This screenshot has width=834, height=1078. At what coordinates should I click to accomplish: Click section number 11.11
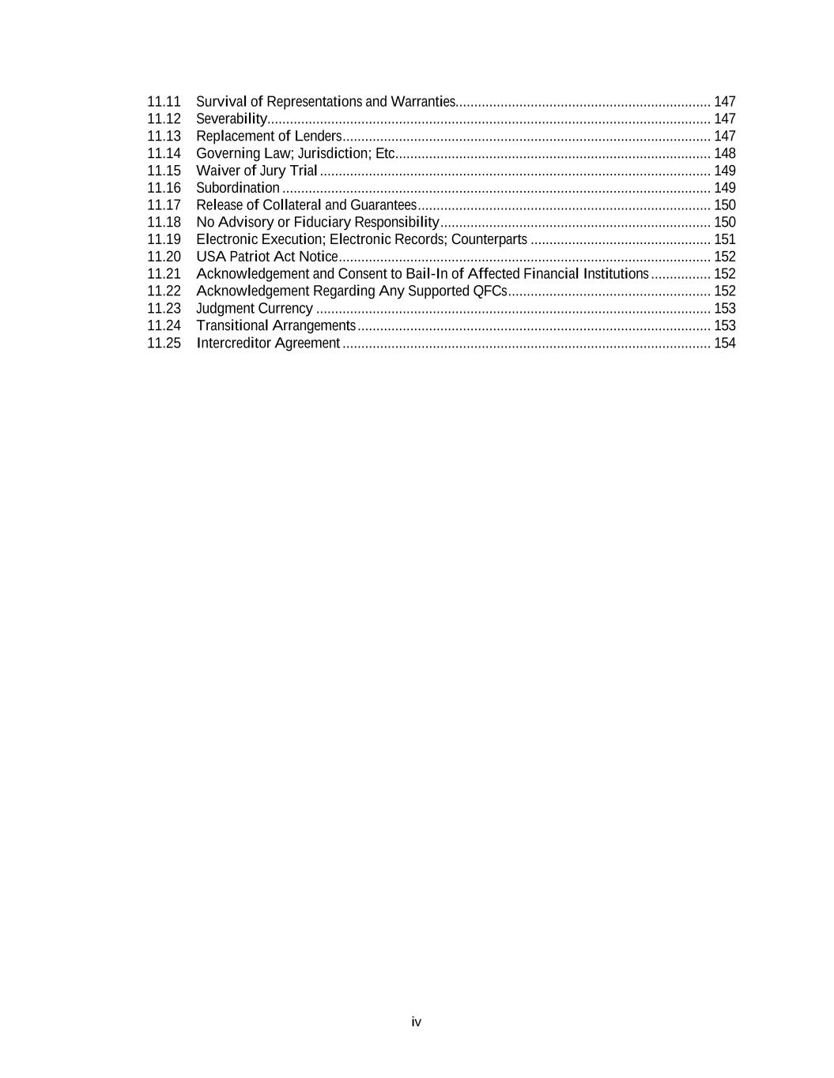[x=164, y=102]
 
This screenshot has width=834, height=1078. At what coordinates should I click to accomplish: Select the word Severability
[x=232, y=119]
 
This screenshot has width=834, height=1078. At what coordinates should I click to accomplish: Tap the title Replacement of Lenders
[x=269, y=137]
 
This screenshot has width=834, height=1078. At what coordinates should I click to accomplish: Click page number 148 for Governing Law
[x=724, y=153]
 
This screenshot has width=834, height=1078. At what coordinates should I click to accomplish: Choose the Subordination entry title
[x=237, y=188]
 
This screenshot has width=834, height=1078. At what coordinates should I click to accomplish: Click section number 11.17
[x=164, y=205]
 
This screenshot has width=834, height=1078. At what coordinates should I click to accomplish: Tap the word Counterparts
[x=489, y=239]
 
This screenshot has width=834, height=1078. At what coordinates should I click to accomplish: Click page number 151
[x=724, y=239]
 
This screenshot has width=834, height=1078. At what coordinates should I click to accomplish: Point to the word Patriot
[x=249, y=257]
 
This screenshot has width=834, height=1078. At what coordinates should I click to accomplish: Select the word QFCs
[x=489, y=291]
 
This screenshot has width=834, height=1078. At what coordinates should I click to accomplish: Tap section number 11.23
[x=164, y=309]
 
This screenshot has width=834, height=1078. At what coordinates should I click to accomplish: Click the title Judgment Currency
[x=254, y=309]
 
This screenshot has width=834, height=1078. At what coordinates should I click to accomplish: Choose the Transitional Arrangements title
[x=276, y=325]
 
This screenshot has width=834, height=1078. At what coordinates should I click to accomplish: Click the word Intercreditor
[x=233, y=343]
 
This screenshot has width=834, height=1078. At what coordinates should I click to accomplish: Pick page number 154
[x=724, y=343]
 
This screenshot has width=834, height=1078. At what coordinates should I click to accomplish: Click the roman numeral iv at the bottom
[x=417, y=1022]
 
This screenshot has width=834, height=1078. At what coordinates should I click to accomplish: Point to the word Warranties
[x=423, y=102]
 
